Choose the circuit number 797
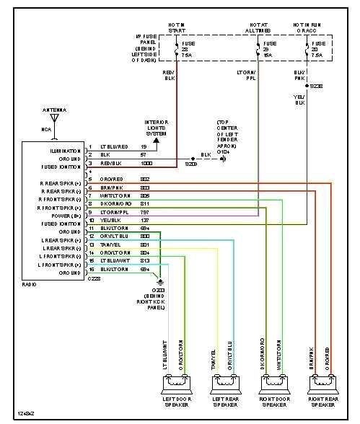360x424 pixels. [x=145, y=215]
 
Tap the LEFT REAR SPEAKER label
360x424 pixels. [x=226, y=400]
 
